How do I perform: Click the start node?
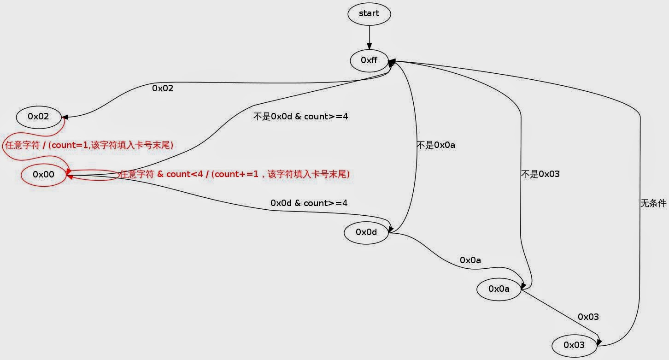(369, 14)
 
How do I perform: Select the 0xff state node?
(369, 60)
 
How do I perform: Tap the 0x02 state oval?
(39, 117)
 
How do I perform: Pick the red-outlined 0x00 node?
(44, 175)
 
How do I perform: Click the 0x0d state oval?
(366, 232)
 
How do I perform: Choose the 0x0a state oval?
(499, 289)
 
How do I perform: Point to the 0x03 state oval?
(574, 345)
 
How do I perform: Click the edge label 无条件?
(653, 203)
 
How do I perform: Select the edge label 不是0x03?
(540, 174)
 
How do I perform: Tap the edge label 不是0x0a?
(436, 146)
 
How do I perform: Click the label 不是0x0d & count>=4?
(300, 117)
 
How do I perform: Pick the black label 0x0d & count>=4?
(309, 203)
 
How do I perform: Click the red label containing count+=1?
(235, 174)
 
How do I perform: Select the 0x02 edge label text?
(163, 88)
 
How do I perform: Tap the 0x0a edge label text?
(470, 260)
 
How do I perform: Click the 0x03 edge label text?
(588, 317)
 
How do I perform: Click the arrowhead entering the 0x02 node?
(65, 117)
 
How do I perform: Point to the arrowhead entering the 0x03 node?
(599, 342)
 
